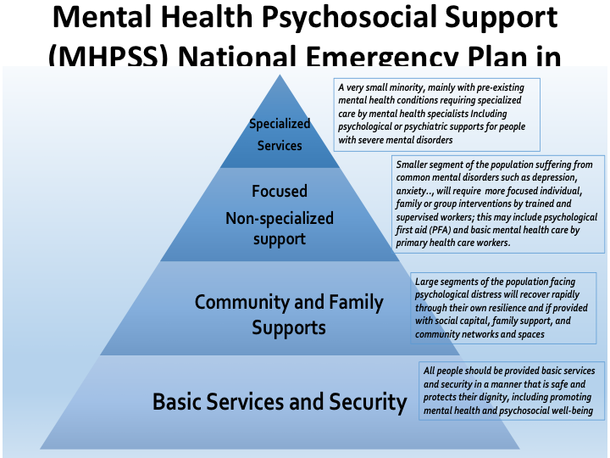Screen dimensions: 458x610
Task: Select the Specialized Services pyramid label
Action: point(280,134)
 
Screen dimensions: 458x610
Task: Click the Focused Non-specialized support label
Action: point(280,215)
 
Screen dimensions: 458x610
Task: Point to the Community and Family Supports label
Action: point(289,314)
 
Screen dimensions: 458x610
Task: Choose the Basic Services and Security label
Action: point(280,401)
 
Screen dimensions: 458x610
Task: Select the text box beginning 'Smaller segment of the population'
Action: point(500,202)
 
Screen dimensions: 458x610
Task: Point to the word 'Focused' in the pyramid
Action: point(280,192)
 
